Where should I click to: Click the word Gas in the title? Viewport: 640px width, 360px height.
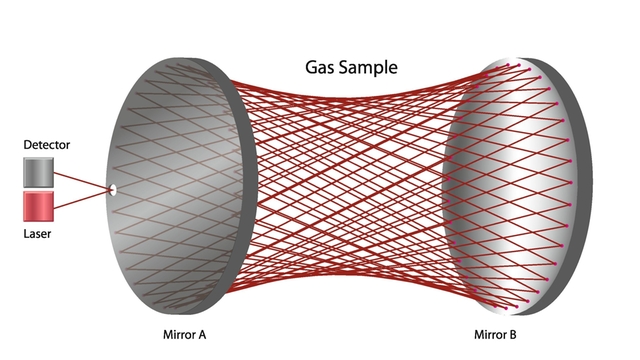point(321,69)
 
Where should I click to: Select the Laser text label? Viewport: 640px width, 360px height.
point(37,233)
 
